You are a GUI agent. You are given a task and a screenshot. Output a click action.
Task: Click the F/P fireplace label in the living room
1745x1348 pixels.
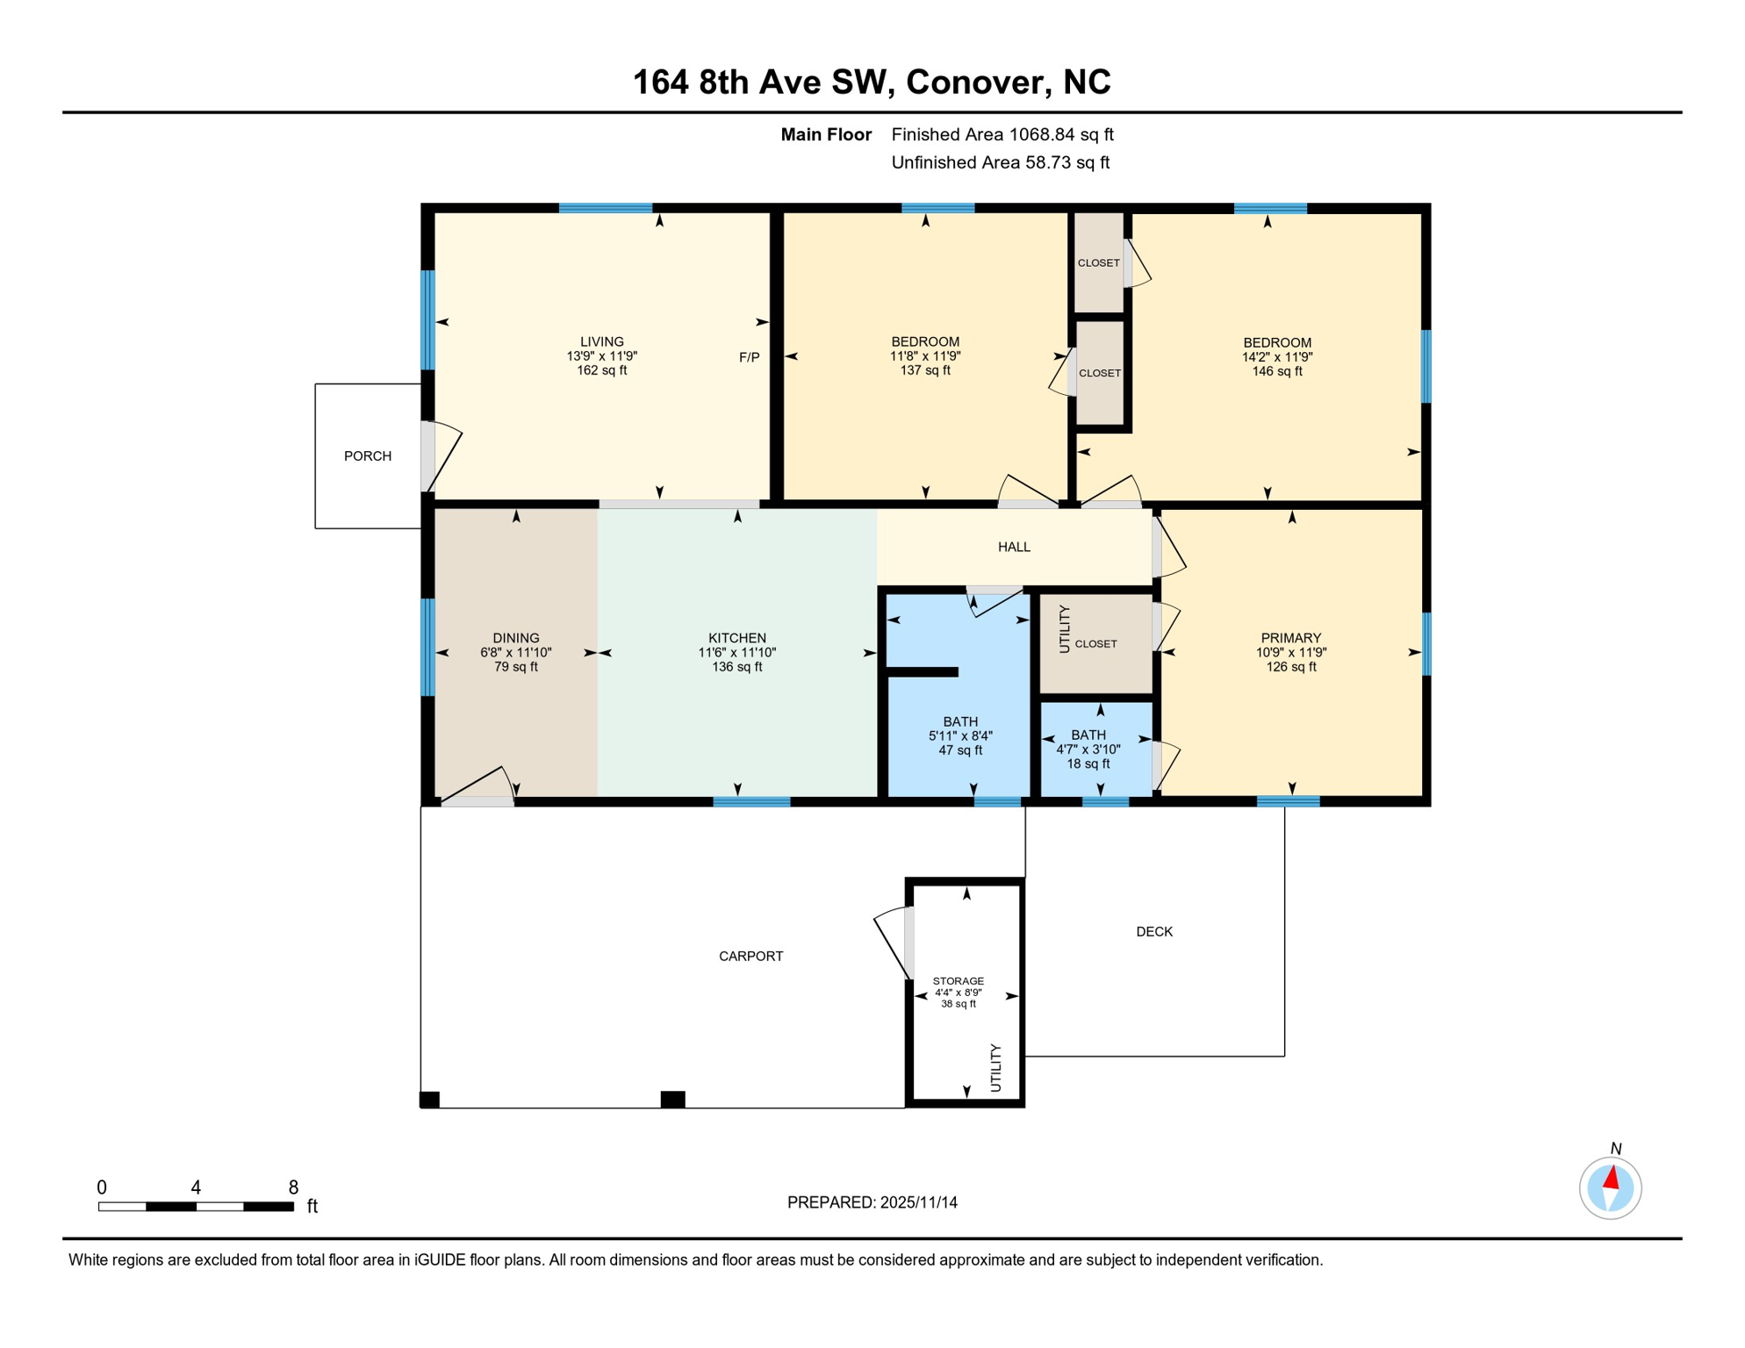point(749,357)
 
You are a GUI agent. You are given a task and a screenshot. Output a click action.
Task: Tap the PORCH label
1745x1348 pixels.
point(368,456)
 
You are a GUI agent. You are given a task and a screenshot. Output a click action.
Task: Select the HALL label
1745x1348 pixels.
point(1014,547)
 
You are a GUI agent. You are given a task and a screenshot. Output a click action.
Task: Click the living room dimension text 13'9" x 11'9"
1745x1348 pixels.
point(602,356)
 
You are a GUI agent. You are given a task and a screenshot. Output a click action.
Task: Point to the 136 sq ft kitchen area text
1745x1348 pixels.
point(736,667)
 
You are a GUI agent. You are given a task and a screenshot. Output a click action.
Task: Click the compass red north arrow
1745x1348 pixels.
point(1612,1177)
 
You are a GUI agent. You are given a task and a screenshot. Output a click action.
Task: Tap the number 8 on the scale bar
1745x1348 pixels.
point(293,1187)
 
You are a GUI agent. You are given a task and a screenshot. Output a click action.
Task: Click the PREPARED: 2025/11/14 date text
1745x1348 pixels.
point(872,1202)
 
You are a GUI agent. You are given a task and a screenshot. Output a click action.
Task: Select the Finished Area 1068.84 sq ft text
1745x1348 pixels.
point(1002,134)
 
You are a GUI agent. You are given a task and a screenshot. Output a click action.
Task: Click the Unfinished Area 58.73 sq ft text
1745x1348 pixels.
point(1000,162)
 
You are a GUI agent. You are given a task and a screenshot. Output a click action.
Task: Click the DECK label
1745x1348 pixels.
point(1153,931)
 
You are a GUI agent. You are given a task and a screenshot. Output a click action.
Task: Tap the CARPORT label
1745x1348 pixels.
point(750,956)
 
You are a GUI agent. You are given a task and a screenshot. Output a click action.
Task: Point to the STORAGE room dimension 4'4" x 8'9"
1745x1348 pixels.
point(958,993)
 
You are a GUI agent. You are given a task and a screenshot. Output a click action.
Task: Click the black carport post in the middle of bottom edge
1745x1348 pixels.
point(672,1099)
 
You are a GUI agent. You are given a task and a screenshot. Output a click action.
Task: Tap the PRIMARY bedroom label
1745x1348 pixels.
point(1290,638)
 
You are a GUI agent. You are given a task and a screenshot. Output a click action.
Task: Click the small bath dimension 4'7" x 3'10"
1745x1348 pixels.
point(1088,749)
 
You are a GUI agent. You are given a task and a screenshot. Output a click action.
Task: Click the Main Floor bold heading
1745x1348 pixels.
point(826,134)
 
